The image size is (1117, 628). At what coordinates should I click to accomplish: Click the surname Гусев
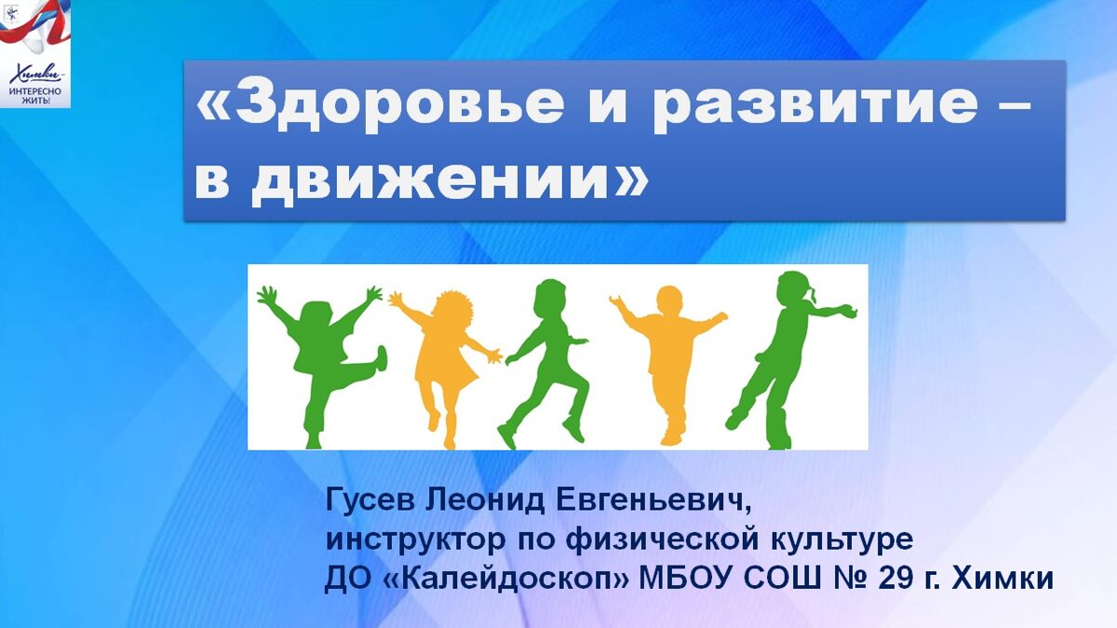[370, 500]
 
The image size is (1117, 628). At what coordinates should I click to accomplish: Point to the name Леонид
[485, 500]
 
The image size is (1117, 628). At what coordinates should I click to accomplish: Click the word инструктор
[415, 541]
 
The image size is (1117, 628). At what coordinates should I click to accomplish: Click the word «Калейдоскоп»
[506, 579]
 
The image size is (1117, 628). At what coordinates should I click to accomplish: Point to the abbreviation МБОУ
[686, 579]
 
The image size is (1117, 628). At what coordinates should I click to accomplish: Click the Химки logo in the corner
[35, 53]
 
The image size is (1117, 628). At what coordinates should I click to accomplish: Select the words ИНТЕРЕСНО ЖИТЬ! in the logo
[35, 96]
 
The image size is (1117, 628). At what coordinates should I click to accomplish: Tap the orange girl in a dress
[445, 367]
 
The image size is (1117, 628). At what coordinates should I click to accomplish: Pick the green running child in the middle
[547, 364]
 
